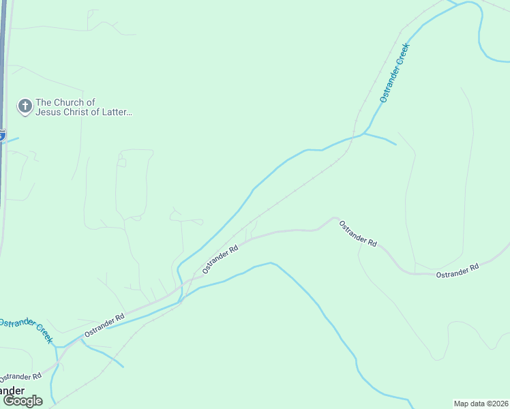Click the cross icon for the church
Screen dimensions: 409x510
click(25, 106)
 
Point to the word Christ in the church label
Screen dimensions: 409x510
click(80, 112)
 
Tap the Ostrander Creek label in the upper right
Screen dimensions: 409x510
click(394, 73)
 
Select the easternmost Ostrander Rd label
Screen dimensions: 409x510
click(457, 269)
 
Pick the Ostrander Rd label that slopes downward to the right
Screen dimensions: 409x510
click(358, 233)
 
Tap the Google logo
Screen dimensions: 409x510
click(23, 400)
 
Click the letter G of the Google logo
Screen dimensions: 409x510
click(8, 400)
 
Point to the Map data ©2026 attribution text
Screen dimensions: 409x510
click(481, 403)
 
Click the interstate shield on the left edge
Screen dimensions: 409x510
click(2, 135)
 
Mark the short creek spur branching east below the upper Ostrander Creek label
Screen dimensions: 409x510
click(381, 138)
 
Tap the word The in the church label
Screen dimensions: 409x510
click(44, 102)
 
